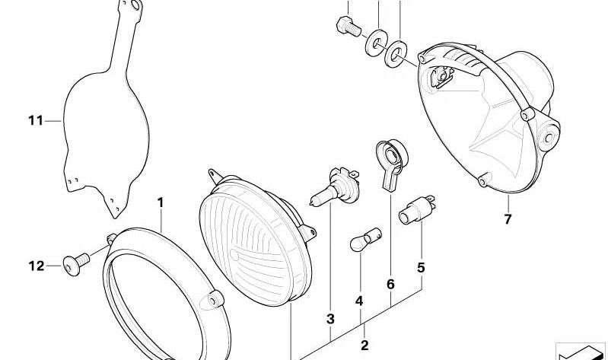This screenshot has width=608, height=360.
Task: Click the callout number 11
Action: pos(36,121)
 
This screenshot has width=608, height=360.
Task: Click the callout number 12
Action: pos(37,266)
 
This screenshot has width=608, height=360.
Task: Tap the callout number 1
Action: pos(161,202)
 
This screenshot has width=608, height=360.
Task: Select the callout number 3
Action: pos(330,319)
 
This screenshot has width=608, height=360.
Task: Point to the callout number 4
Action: pos(359,301)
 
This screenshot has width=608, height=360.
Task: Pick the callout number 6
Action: pos(390,285)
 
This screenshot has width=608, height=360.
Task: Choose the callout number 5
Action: pos(421,268)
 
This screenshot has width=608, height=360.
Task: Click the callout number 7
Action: pos(508,219)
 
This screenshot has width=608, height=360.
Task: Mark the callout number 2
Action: pos(364,346)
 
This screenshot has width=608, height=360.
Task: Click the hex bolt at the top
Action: pos(349,27)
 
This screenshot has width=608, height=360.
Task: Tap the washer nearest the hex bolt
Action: pos(376,43)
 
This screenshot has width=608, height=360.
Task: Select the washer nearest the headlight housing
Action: pos(396,53)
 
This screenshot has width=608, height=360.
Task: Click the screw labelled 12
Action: pos(76,263)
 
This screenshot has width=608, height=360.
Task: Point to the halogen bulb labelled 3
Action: pos(335,187)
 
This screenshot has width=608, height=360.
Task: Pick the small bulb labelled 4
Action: pos(366,240)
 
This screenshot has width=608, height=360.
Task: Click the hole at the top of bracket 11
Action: pos(135,5)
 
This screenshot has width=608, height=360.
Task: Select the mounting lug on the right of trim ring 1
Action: pos(212,300)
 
